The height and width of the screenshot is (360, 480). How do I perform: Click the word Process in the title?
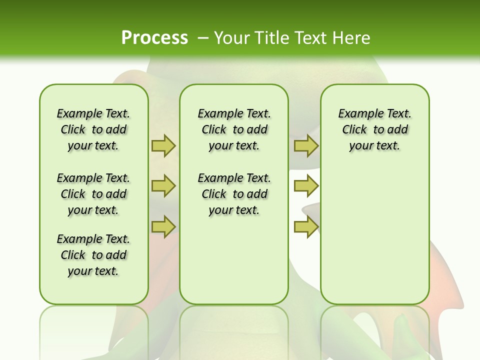coord(154,37)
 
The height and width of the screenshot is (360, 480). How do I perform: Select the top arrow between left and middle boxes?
coord(163,145)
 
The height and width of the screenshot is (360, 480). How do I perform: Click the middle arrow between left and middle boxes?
coord(163,186)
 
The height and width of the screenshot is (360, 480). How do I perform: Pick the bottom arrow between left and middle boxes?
coord(163,227)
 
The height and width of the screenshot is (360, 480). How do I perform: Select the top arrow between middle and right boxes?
coord(306,145)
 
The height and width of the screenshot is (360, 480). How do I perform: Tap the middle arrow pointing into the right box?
coord(306,186)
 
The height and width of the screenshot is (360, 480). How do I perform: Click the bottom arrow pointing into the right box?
coord(306,227)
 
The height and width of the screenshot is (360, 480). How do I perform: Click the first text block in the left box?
coord(93,129)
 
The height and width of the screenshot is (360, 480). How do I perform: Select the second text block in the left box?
coord(93,194)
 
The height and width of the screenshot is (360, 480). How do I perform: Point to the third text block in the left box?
coord(93,255)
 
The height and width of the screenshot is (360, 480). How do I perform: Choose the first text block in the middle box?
coord(234,129)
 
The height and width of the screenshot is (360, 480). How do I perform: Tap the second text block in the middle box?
coord(234,194)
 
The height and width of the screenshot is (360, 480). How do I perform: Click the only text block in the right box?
coord(374,129)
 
